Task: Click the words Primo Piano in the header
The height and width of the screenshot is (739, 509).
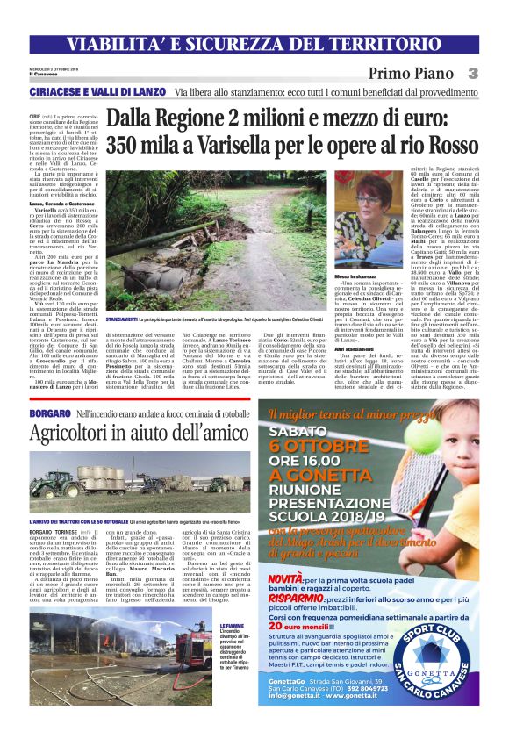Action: tap(412, 75)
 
